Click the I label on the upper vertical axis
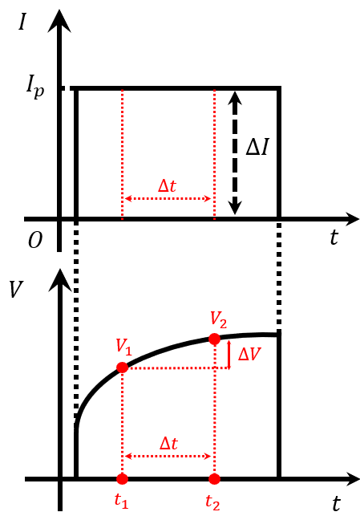tap(22, 23)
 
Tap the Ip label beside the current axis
tap(34, 87)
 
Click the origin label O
tap(35, 240)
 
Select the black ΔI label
tap(257, 147)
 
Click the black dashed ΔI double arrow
tap(235, 153)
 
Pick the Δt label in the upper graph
tap(167, 186)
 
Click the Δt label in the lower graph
tap(168, 443)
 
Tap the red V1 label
tap(124, 347)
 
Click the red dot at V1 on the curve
tap(123, 368)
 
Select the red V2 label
tap(218, 319)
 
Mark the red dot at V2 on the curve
tap(214, 339)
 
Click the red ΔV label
tap(249, 355)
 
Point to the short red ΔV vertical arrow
tap(229, 355)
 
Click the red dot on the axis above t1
tap(123, 479)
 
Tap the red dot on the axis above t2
tap(214, 479)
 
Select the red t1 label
tap(121, 501)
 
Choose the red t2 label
tap(212, 502)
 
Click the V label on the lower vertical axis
tap(15, 289)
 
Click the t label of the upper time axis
tap(334, 238)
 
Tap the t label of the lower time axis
tap(336, 504)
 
